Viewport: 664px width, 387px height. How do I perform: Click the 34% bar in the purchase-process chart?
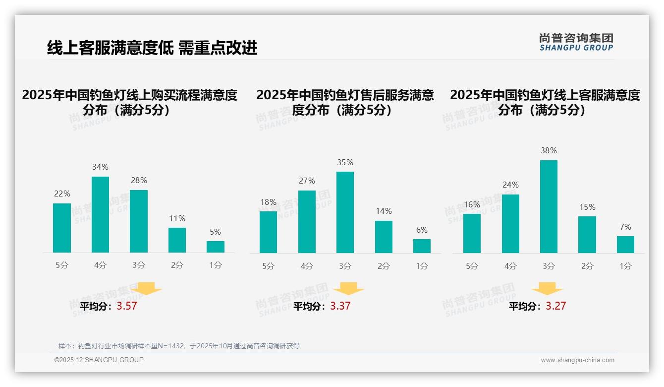(x=100, y=214)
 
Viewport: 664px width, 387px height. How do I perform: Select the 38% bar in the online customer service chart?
(x=549, y=206)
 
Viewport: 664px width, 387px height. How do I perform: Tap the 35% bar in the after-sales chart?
(x=345, y=212)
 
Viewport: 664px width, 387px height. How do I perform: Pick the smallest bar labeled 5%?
(x=216, y=247)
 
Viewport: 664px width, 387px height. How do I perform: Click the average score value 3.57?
(x=127, y=306)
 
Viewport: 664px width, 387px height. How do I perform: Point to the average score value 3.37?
(x=340, y=306)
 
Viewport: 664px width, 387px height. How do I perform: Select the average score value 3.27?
(x=556, y=306)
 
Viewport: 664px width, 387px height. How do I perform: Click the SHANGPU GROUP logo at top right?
(x=576, y=42)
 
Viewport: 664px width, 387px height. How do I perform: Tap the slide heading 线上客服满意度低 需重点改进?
(x=152, y=48)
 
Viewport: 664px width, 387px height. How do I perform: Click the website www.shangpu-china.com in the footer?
(x=577, y=360)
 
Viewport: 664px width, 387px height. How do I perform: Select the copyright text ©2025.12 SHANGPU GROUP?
(x=99, y=360)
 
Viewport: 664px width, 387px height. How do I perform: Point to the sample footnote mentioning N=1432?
(x=179, y=346)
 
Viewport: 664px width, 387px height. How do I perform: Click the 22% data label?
(x=62, y=193)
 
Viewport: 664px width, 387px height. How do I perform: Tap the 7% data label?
(x=625, y=227)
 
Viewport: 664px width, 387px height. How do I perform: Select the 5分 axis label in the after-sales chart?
(x=268, y=266)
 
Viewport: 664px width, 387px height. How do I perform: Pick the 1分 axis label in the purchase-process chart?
(x=216, y=265)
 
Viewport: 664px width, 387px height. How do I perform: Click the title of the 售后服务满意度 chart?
(x=345, y=102)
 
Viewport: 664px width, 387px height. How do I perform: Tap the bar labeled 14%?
(x=384, y=237)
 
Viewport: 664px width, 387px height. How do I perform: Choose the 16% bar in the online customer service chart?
(x=472, y=233)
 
